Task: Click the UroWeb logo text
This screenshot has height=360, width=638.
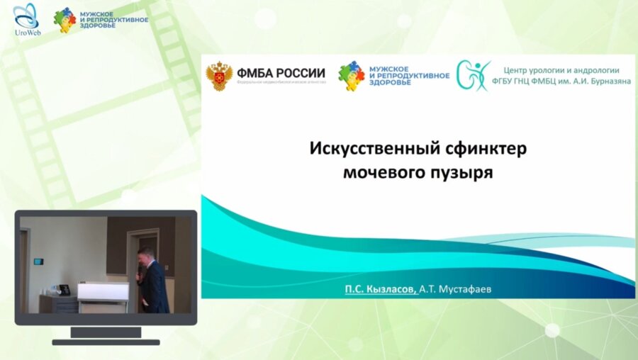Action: click(26, 33)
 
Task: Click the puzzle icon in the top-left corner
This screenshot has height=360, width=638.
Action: click(65, 20)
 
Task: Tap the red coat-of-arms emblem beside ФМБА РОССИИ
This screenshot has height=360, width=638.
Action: click(219, 77)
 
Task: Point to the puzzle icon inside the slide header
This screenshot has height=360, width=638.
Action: click(351, 74)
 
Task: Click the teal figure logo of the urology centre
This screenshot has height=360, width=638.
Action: click(473, 75)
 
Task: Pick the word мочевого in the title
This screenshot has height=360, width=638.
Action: click(381, 171)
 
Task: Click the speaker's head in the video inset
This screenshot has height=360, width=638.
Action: click(143, 254)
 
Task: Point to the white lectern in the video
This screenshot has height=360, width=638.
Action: click(102, 293)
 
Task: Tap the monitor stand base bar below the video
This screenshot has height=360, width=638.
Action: click(106, 342)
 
